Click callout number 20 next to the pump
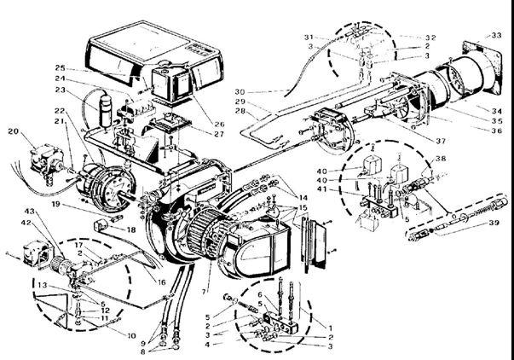[13, 131]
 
